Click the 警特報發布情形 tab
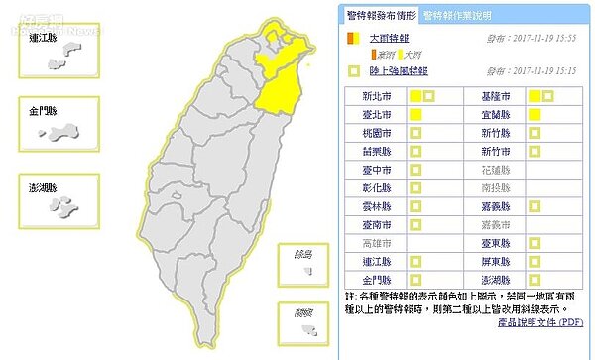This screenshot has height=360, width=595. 381,15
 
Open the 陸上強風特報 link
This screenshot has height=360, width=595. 395,71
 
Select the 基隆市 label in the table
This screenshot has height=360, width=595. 491,97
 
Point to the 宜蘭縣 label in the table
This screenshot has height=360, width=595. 491,115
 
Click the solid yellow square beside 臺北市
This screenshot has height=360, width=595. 416,115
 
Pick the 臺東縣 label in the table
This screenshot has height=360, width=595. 491,241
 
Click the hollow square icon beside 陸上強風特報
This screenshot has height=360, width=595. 353,71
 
